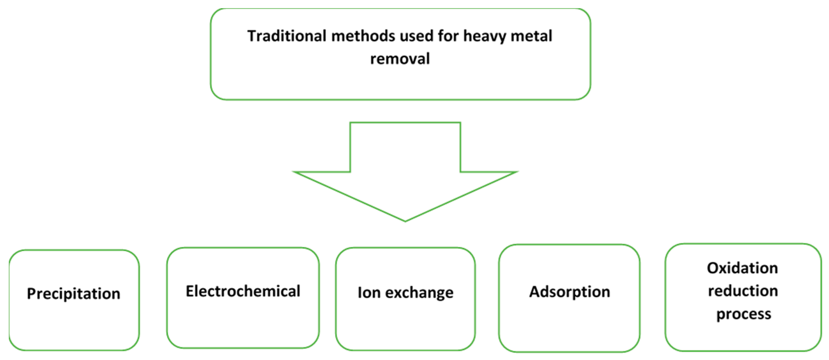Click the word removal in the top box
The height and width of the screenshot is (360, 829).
pyautogui.click(x=400, y=59)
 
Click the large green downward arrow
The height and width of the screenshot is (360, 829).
pyautogui.click(x=405, y=170)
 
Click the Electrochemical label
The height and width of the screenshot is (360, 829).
pyautogui.click(x=243, y=291)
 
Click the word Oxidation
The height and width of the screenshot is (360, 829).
pyautogui.click(x=743, y=268)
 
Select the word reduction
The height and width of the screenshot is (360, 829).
pyautogui.click(x=743, y=291)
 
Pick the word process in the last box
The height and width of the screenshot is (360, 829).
pyautogui.click(x=743, y=314)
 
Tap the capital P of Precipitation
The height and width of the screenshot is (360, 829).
pyautogui.click(x=31, y=293)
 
